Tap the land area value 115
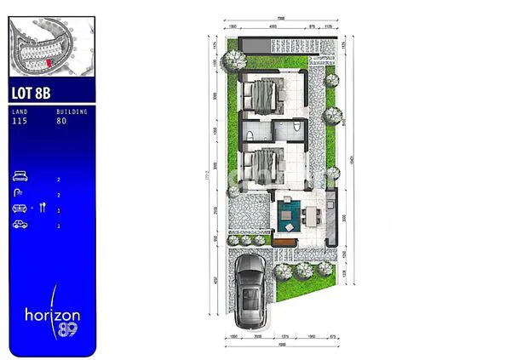point(20,120)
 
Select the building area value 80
point(61,120)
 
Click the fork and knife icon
point(40,209)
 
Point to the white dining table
point(317,214)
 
